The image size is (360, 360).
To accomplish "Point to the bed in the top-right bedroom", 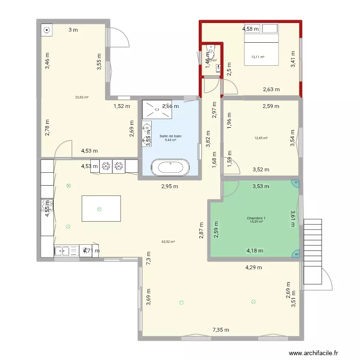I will point(262,48).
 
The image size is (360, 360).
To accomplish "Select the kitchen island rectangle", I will point(101,209).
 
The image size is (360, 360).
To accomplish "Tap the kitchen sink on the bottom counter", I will point(67,250).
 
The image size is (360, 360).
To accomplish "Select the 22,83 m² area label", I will point(82,97).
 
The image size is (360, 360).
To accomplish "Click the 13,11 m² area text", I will point(258,57).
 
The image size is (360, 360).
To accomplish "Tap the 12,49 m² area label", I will point(261,138).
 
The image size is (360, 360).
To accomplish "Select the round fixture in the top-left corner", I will point(47,30).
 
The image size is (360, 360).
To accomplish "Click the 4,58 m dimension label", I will point(250,29).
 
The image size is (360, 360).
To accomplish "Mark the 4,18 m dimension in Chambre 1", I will point(255,250).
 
